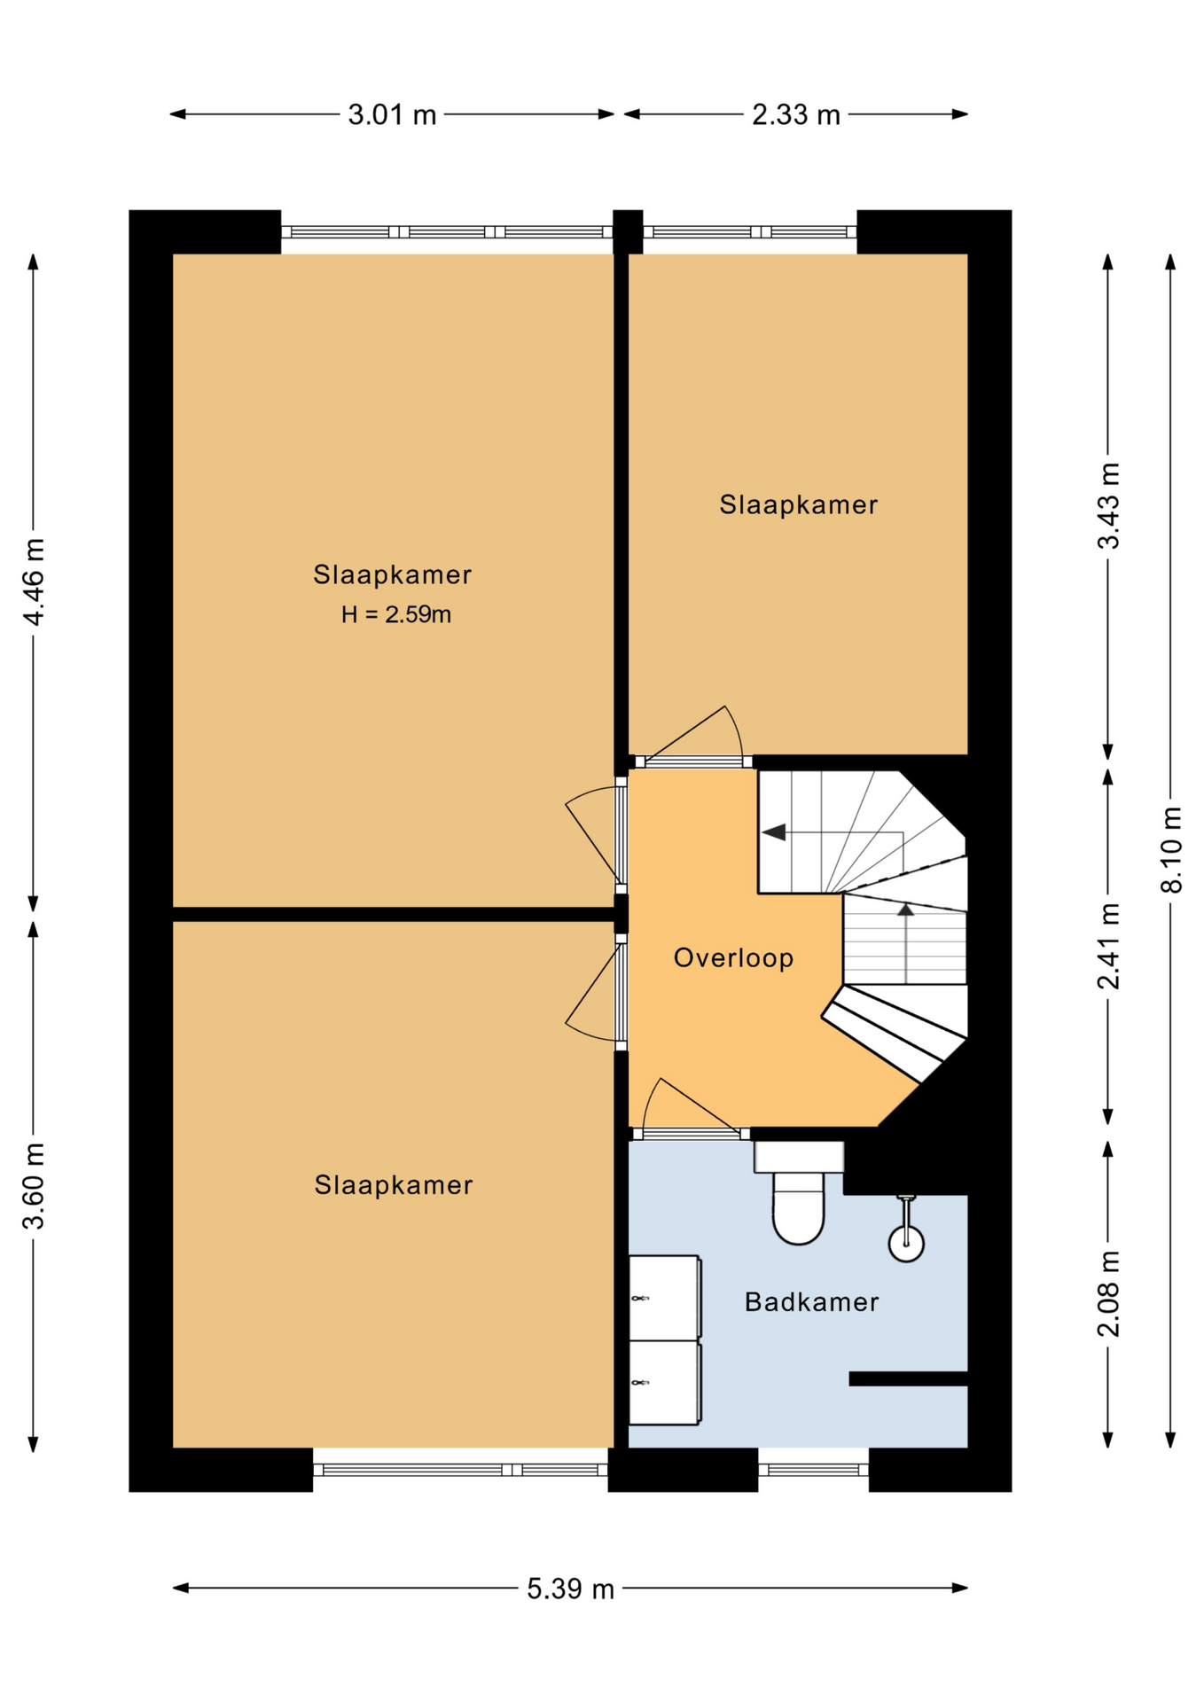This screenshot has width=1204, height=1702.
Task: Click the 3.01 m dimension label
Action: pyautogui.click(x=392, y=115)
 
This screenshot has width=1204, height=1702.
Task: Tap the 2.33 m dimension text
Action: pyautogui.click(x=795, y=115)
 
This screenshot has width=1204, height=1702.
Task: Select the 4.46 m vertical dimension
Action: pyautogui.click(x=34, y=582)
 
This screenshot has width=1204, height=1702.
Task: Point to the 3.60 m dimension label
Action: pyautogui.click(x=34, y=1186)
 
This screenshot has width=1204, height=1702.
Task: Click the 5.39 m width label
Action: pyautogui.click(x=570, y=1589)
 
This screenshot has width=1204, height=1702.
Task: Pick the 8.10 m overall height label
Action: pyautogui.click(x=1171, y=849)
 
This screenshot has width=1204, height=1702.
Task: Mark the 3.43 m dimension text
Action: pyautogui.click(x=1108, y=505)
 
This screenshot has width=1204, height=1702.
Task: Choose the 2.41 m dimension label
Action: pyautogui.click(x=1108, y=946)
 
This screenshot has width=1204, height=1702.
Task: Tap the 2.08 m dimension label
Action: pyautogui.click(x=1108, y=1293)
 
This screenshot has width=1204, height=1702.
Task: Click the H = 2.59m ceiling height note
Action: pyautogui.click(x=396, y=614)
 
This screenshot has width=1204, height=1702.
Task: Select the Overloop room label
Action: pyautogui.click(x=733, y=958)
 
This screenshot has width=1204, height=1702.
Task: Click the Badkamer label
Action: pyautogui.click(x=811, y=1302)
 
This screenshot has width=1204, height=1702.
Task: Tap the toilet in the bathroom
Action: pyautogui.click(x=799, y=1194)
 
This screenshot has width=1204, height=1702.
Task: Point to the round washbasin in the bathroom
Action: pyautogui.click(x=906, y=1243)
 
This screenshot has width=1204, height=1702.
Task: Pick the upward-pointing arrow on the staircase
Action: pyautogui.click(x=905, y=910)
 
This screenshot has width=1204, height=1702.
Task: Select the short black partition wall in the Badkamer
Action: pyautogui.click(x=908, y=1378)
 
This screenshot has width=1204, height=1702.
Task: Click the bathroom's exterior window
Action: pyautogui.click(x=813, y=1470)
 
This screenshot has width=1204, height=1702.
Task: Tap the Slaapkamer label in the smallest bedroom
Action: pyautogui.click(x=798, y=505)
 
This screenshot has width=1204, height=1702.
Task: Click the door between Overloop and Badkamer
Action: pyautogui.click(x=691, y=1110)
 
